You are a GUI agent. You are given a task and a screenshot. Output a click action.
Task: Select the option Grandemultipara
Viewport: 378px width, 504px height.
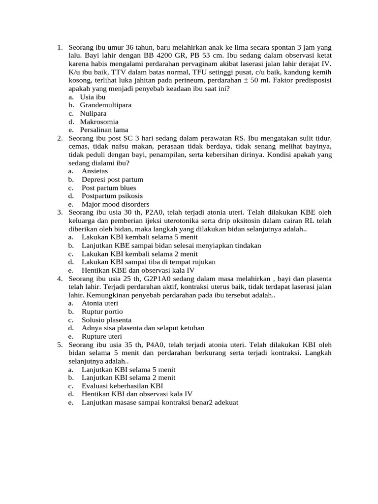coord(105,105)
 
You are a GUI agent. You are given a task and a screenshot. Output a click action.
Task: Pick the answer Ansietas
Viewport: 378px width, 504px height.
coord(94,171)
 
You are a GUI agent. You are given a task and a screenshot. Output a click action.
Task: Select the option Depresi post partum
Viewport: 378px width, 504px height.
coord(112,180)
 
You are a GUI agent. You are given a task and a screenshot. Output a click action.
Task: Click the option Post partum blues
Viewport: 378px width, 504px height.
coord(109,188)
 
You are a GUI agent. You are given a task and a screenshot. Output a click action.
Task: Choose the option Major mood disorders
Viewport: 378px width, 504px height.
coord(115,204)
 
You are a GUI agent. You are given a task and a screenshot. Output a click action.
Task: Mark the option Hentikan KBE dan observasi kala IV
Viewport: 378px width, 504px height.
coord(138,270)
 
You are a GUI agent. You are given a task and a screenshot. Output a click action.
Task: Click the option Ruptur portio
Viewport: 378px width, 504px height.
coord(102,312)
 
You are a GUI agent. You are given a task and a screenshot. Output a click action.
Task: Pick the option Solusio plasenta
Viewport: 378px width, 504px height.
coord(106,320)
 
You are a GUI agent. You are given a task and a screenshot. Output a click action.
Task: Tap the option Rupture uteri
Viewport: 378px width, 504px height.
coord(102,336)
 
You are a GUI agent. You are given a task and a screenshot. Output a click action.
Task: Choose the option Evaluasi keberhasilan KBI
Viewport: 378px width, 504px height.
coord(122,386)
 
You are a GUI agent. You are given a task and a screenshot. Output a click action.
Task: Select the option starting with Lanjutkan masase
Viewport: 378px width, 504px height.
coord(160,402)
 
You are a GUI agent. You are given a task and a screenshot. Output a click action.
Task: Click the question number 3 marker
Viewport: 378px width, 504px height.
coord(59,213)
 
